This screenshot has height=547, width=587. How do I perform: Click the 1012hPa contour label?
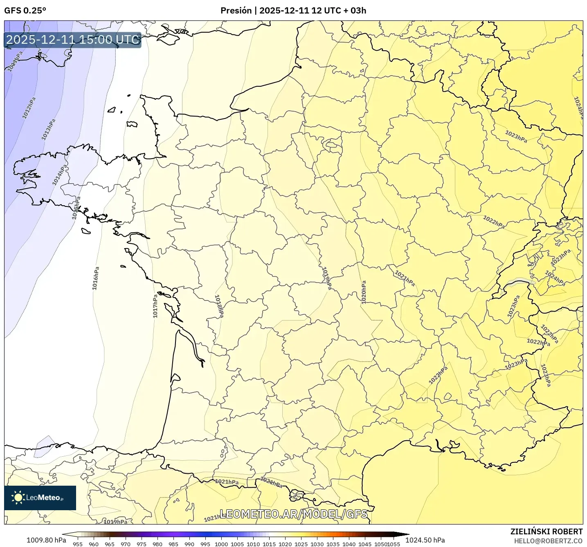tap(29, 108)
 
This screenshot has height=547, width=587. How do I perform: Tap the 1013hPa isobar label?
tap(48, 130)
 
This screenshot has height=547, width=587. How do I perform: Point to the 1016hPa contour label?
tap(95, 278)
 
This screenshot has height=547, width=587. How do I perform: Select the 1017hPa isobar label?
tap(155, 306)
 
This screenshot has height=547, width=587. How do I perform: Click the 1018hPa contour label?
tap(219, 306)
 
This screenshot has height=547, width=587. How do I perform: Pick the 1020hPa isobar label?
tap(363, 292)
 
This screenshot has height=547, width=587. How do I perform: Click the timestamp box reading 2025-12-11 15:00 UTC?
tap(73, 40)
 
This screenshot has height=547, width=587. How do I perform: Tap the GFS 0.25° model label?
tap(25, 11)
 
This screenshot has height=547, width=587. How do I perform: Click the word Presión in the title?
tap(236, 11)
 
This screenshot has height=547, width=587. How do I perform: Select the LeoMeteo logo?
tap(40, 498)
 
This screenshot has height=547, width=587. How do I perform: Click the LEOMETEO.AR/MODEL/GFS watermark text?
tap(294, 514)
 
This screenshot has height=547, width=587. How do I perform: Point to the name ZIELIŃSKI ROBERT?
tap(547, 531)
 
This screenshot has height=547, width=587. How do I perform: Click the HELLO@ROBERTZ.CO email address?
tap(548, 541)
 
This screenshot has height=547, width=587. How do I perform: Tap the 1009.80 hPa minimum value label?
tap(46, 540)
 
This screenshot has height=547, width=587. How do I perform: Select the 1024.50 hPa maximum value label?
tap(425, 540)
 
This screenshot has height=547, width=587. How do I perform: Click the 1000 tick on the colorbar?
tap(221, 544)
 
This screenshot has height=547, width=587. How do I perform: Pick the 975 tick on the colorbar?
tap(142, 544)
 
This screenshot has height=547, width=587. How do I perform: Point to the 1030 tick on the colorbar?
tap(317, 544)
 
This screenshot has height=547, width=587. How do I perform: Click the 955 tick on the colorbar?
tap(78, 544)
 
